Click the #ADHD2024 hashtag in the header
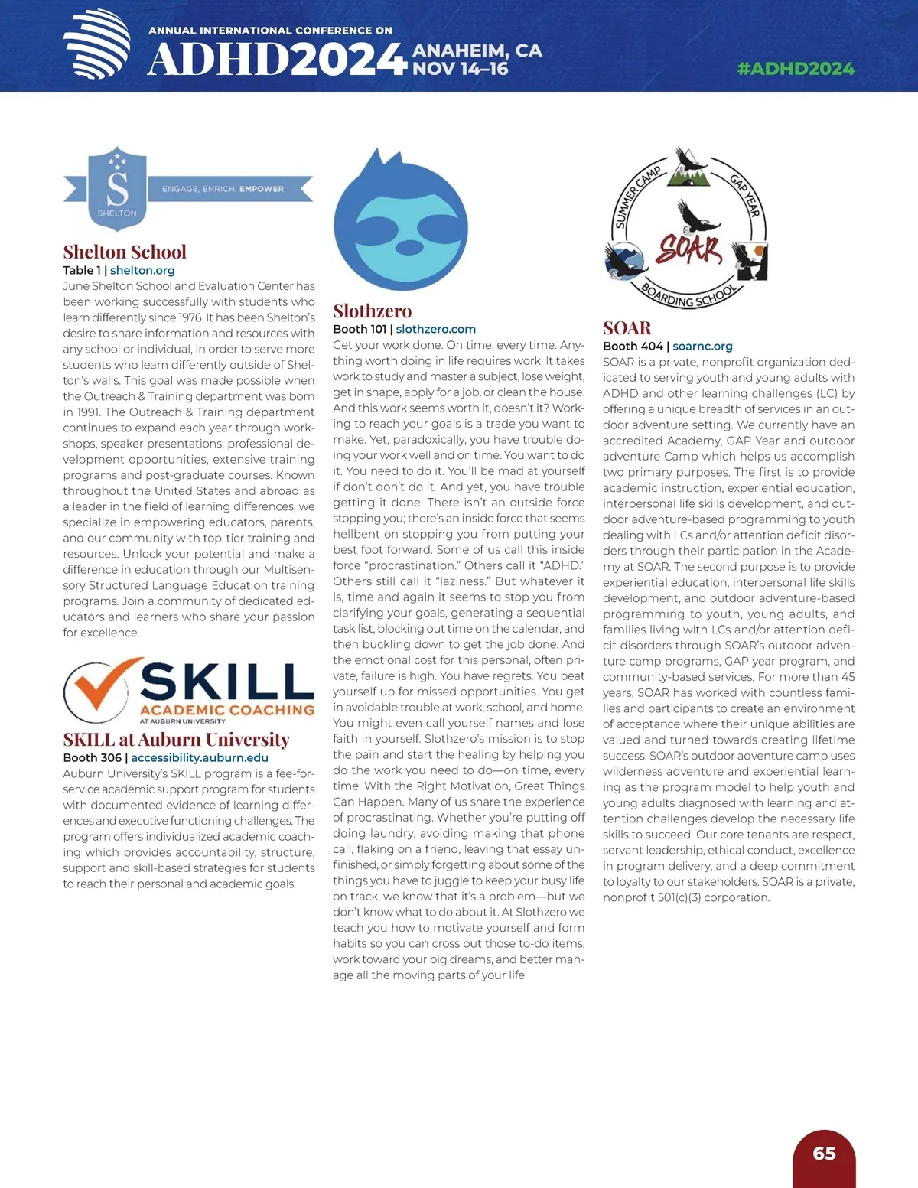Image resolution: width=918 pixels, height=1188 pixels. pos(796,69)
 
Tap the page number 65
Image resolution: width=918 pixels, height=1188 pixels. pos(824,1154)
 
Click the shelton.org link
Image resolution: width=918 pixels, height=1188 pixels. pos(142,270)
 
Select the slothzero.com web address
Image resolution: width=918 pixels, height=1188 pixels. pos(435,329)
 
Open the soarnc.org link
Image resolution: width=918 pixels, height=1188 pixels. pos(702,346)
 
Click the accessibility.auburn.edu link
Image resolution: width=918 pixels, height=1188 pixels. pos(200,757)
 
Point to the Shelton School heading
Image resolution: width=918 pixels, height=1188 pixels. pos(125,252)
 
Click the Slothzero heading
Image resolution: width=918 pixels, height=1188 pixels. pos(372,311)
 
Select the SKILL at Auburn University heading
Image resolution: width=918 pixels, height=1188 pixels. pos(176,739)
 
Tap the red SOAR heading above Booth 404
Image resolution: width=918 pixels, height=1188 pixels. pos(627,328)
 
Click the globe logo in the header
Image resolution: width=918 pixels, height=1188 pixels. pos(97,44)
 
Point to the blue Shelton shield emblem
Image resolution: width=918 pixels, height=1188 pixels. pos(117,188)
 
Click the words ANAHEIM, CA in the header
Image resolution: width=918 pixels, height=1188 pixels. pos(477,51)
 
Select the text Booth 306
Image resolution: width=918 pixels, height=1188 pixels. pos(92,757)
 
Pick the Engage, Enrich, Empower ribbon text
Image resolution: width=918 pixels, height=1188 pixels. pos(223,189)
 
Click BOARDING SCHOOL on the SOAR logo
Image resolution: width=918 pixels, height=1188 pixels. pos(689,294)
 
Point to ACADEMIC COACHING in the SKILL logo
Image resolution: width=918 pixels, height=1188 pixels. pos(227,710)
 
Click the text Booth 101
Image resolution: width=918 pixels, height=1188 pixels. pos(360,329)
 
